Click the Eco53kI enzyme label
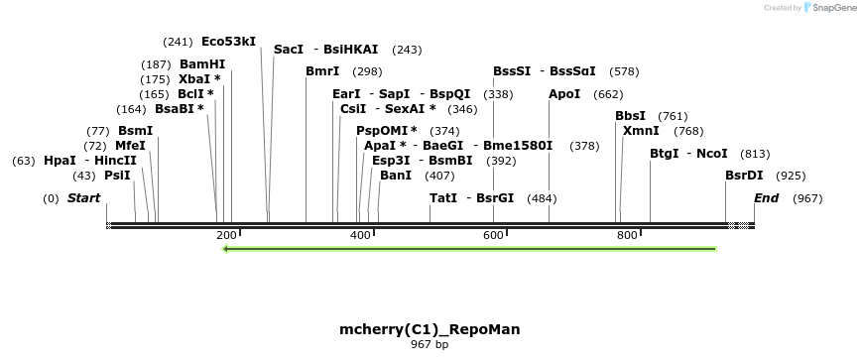[228, 42]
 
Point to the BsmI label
[135, 131]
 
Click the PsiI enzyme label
[117, 176]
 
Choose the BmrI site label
[322, 71]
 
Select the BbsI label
[630, 116]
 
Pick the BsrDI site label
[744, 176]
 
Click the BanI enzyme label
[396, 176]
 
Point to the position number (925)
[791, 176]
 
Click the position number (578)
[624, 71]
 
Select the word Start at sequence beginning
[83, 198]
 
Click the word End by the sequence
[766, 198]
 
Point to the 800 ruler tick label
[627, 235]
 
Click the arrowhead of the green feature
[227, 249]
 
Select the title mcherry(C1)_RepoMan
[430, 329]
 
